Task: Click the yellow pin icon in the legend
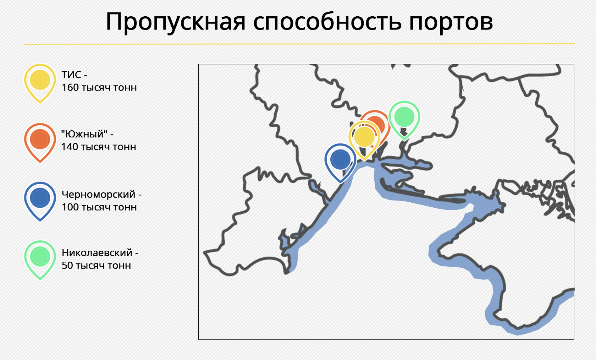(x=40, y=83)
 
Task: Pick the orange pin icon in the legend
(x=40, y=143)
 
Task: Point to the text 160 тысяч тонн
(x=99, y=88)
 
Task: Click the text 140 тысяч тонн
(x=99, y=147)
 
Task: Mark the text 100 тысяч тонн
(x=99, y=207)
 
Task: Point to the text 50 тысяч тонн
(x=96, y=266)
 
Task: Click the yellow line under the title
(x=299, y=44)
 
